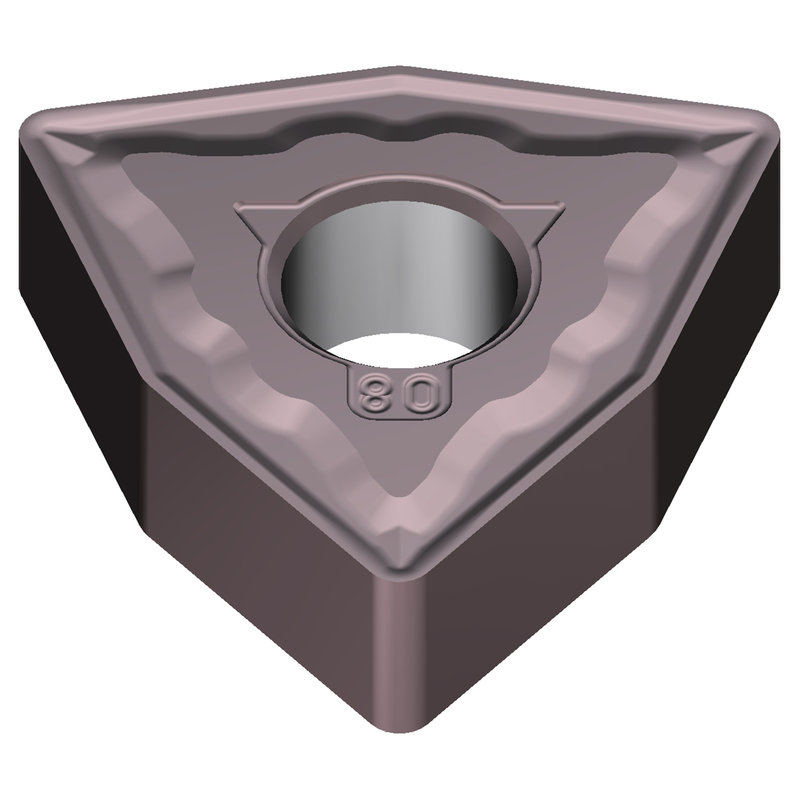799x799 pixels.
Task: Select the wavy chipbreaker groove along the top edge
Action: pos(399,134)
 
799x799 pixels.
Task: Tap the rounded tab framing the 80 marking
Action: pos(398,409)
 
